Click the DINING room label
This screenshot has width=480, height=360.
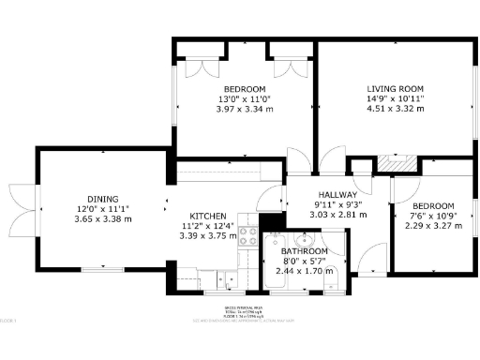click(x=103, y=199)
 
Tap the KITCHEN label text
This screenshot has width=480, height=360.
click(x=202, y=215)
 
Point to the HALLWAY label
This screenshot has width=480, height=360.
click(x=335, y=193)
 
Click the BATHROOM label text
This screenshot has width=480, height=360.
click(x=306, y=252)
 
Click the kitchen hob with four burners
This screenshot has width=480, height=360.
click(x=249, y=236)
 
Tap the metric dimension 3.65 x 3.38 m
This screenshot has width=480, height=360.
click(x=103, y=218)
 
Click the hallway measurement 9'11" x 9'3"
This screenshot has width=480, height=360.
click(x=335, y=203)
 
